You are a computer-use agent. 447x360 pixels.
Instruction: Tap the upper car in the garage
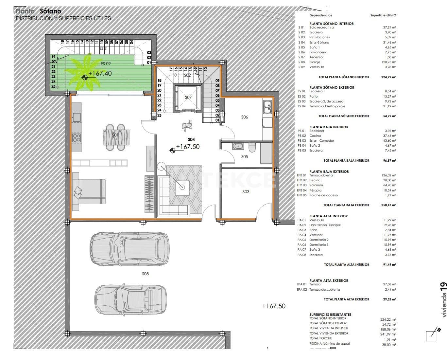(x=129, y=247)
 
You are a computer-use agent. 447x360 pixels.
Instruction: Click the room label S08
(x=145, y=274)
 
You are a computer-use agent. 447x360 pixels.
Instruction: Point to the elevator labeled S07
(x=188, y=98)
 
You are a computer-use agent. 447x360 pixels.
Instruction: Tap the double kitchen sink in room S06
(x=267, y=107)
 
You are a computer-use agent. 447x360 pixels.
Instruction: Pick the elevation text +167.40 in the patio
(x=100, y=74)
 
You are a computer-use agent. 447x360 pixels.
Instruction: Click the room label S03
(x=246, y=191)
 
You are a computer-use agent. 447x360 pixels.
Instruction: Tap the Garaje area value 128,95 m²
(x=389, y=62)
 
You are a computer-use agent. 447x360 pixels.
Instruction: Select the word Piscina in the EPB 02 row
(x=315, y=180)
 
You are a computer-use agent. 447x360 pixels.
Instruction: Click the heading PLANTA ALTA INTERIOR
(x=328, y=216)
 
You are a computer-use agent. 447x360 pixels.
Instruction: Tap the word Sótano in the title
(x=50, y=11)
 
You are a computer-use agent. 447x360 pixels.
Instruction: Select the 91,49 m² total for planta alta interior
(x=389, y=265)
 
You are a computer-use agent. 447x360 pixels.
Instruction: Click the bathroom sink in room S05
(x=237, y=146)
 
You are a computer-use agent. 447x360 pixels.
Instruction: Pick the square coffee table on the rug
(x=182, y=187)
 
